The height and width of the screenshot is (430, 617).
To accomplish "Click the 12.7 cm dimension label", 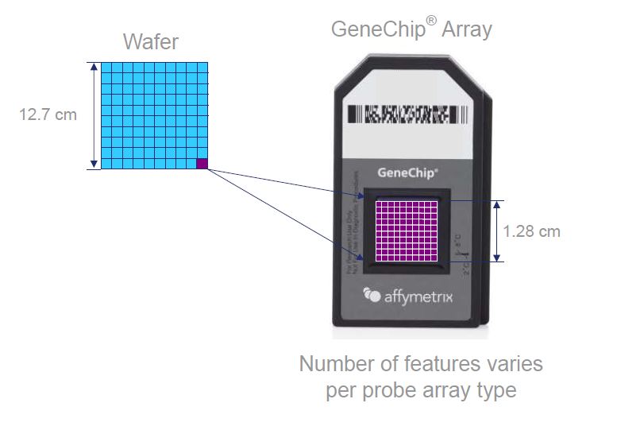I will [x=48, y=114].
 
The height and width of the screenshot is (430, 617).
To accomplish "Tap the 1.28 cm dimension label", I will [x=531, y=231].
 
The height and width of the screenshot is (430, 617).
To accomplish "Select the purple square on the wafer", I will [x=202, y=163].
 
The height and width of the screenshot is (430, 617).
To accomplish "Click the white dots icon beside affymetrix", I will [x=372, y=295].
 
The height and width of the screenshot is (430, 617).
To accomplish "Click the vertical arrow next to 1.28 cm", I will [x=498, y=230].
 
